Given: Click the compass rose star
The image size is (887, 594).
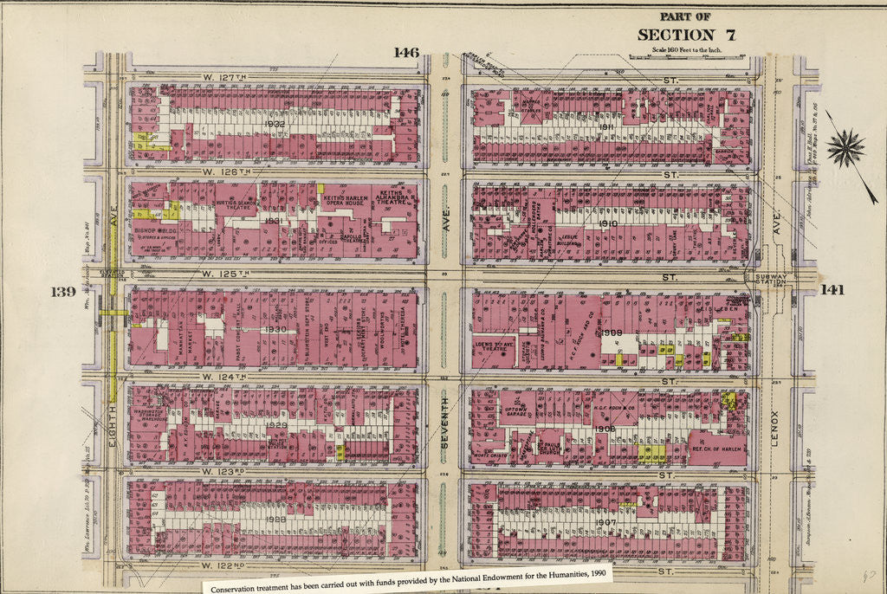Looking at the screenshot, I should (845, 148).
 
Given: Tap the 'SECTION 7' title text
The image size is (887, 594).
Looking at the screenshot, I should (686, 35).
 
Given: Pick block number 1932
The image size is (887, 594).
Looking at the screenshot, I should (275, 125).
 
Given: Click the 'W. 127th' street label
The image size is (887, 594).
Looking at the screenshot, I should (225, 77).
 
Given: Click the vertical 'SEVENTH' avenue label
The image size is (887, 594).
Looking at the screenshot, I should (443, 423).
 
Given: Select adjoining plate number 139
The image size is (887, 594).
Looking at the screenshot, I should (63, 291).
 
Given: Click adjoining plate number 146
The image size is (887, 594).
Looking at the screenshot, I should (405, 53).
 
